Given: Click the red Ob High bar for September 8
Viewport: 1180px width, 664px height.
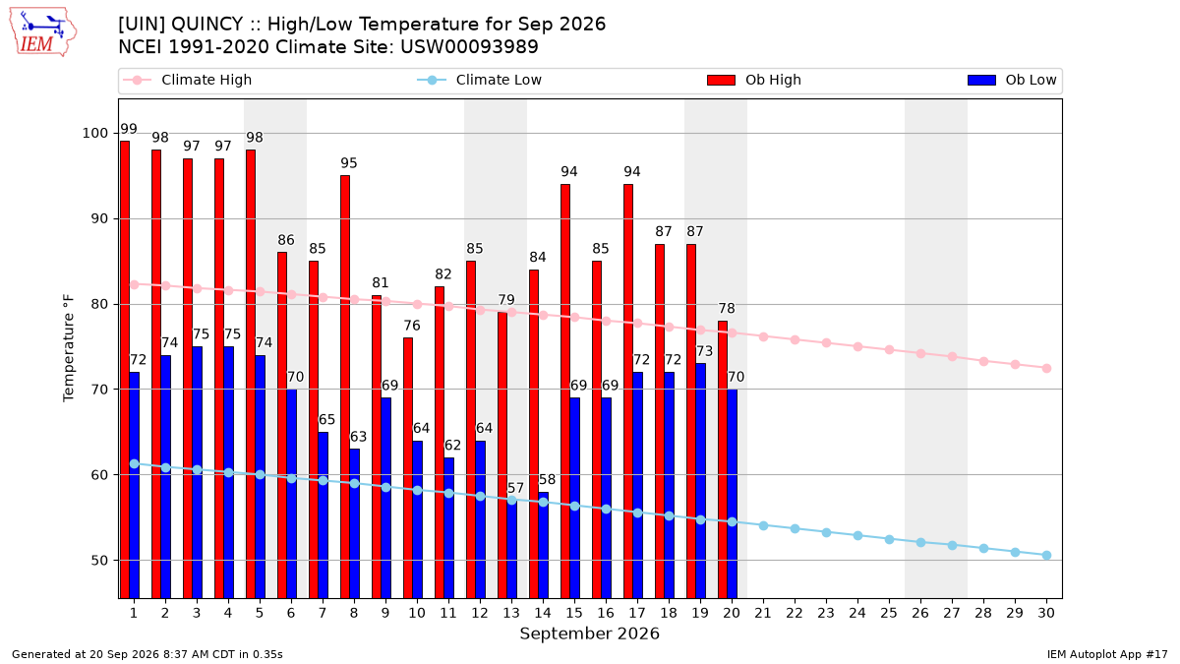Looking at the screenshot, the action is pos(345,387).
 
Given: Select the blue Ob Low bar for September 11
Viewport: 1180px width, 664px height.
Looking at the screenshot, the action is pos(448,528).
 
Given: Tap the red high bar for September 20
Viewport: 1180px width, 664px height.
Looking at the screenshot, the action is pos(723,459).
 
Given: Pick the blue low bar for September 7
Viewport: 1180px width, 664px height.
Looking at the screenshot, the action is pos(323,515).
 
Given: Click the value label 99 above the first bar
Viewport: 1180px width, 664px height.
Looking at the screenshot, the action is pos(129,129).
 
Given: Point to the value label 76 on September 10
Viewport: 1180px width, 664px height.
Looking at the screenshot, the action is pos(412,326).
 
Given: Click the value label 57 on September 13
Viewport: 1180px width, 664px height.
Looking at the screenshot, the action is pos(515,488).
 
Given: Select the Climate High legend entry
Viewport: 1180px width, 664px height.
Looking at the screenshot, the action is pos(188,80).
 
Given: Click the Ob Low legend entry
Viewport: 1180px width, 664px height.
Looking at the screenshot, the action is pos(1012,80).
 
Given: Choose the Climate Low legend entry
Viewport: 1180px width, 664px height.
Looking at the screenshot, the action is pos(480,80).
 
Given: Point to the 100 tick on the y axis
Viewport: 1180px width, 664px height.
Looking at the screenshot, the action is pos(94,134).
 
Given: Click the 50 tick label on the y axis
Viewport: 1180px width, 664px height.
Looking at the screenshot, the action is pos(99,560).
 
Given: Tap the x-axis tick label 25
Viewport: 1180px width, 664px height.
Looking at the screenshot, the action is pos(889,613).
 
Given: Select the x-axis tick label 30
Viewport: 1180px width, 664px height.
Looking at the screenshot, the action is pos(1046,613).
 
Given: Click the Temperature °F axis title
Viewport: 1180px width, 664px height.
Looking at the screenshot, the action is pos(69,348).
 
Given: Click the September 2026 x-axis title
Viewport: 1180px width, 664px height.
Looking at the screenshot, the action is pos(589,634).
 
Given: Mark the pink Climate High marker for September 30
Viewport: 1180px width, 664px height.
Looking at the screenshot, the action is pos(1046,368).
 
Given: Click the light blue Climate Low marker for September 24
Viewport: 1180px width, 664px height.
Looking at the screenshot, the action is pos(857,535).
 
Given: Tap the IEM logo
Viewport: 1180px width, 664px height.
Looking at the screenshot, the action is pos(42,32).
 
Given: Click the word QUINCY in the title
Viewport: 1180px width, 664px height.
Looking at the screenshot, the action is pos(207,25).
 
